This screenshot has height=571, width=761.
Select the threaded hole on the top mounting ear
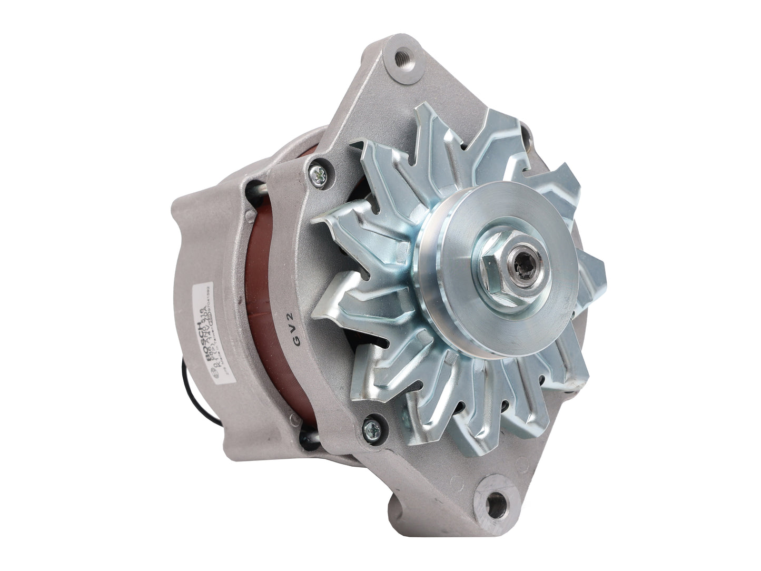[403, 55]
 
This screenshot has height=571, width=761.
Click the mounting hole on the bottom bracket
[492, 506]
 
